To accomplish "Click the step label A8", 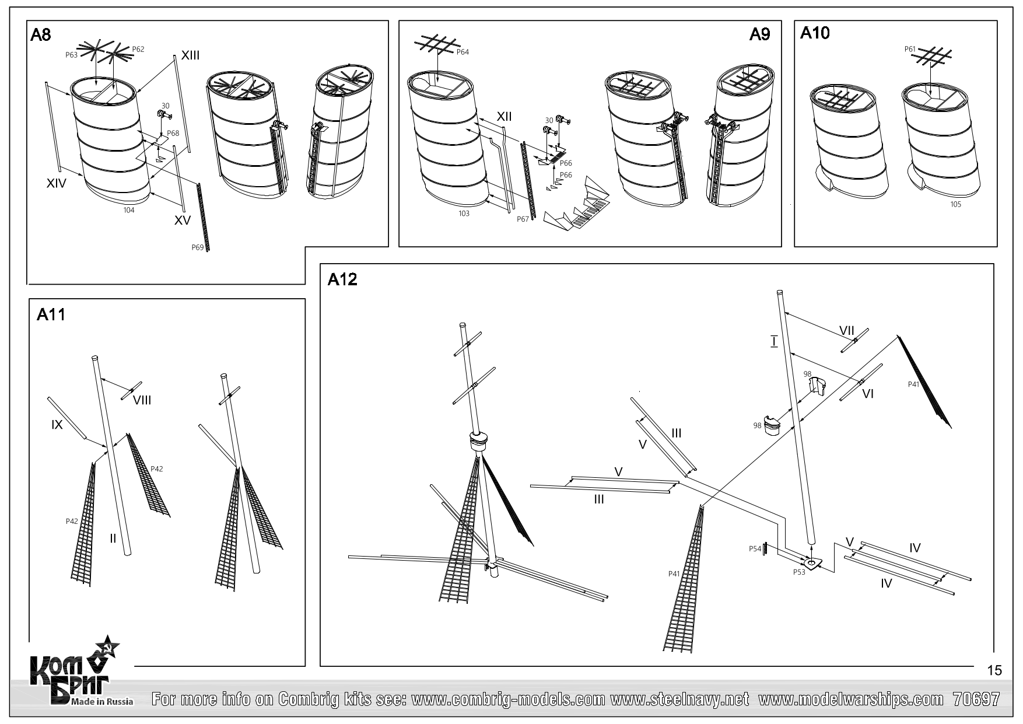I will (41, 35).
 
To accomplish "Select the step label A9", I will (759, 35).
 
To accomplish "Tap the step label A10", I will (815, 33).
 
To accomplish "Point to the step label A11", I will (51, 315).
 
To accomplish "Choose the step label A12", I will (342, 280).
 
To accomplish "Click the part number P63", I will (71, 55).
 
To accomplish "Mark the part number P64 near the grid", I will (463, 52).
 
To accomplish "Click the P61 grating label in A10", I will (910, 49).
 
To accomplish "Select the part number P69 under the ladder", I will (198, 247).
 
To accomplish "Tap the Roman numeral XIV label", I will (57, 183).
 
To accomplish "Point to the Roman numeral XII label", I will (504, 117).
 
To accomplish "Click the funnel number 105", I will (955, 204).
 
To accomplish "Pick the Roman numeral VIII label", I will (142, 400).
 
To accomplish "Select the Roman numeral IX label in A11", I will (57, 425).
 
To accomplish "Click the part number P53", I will (799, 572).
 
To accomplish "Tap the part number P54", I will (755, 548).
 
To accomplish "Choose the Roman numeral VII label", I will (846, 331).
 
